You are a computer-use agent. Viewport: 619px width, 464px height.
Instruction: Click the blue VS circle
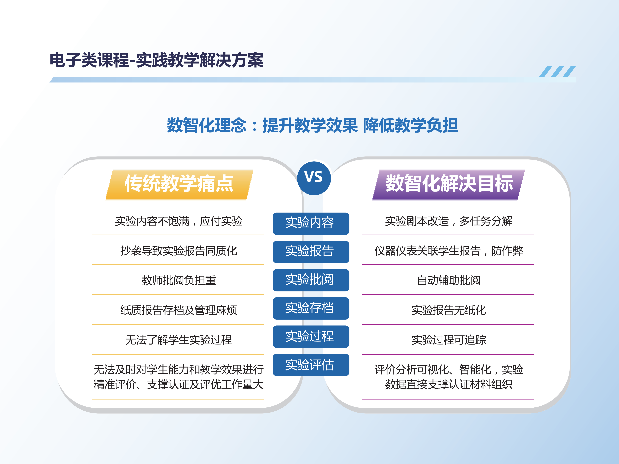tap(314, 178)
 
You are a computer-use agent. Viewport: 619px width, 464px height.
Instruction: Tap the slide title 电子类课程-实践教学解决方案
tap(156, 60)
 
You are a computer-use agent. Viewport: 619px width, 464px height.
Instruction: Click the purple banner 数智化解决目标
tap(448, 185)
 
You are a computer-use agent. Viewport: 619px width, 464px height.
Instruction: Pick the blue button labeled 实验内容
tap(311, 223)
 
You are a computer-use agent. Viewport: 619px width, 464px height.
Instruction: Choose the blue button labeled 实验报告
tap(311, 252)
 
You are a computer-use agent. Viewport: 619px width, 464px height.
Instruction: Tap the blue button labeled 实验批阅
tap(311, 280)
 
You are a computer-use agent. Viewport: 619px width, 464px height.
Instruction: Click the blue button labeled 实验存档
tap(311, 308)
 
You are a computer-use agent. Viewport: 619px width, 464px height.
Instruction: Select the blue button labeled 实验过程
tap(311, 336)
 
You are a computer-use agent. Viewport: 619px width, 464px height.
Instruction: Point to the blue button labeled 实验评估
tap(311, 365)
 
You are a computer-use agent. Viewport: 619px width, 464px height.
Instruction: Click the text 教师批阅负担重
tap(179, 280)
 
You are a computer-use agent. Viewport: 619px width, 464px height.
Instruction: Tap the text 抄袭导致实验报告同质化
tap(179, 251)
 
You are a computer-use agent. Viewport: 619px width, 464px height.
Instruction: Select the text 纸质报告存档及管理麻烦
tap(179, 310)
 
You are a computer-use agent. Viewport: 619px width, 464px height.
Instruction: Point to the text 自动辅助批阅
tap(449, 280)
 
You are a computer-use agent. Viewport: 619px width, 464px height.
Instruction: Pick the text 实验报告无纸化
tap(449, 310)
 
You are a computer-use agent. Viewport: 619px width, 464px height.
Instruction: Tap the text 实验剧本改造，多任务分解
tap(449, 221)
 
